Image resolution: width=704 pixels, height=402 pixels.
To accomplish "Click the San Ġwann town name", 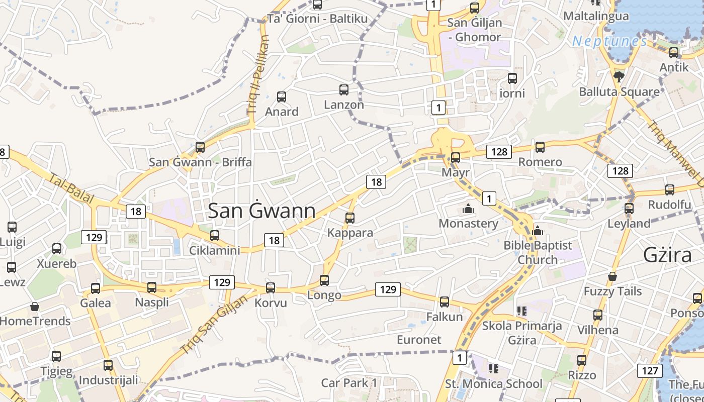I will tap(261, 211).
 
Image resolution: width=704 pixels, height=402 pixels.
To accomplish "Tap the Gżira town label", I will tap(668, 256).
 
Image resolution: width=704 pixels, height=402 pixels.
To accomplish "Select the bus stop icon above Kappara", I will tap(350, 218).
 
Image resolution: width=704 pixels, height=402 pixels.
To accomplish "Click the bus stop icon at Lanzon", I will tap(344, 90).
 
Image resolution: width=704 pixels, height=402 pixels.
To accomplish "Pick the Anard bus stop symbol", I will tap(282, 97).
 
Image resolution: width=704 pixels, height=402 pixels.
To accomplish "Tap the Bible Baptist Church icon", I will tap(538, 231).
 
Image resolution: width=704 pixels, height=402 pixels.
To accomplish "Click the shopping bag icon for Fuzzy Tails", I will tap(612, 276).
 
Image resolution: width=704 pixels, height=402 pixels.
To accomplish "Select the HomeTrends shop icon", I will tap(35, 306).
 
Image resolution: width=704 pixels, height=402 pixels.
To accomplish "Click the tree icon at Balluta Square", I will tap(619, 76).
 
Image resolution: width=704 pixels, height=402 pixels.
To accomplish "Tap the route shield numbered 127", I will tap(650, 371).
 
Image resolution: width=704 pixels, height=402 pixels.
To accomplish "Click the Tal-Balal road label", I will tap(71, 188).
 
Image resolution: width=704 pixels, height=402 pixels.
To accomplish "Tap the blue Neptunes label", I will tap(609, 41).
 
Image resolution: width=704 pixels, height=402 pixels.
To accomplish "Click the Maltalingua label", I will tap(596, 16).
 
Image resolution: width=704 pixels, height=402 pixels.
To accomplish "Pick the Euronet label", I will tap(419, 340).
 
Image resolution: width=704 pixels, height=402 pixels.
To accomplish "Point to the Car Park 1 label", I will tap(349, 383).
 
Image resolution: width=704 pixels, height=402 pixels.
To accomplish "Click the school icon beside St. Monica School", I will tap(493, 369).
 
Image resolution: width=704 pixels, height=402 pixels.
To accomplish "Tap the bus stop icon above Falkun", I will tap(445, 302).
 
